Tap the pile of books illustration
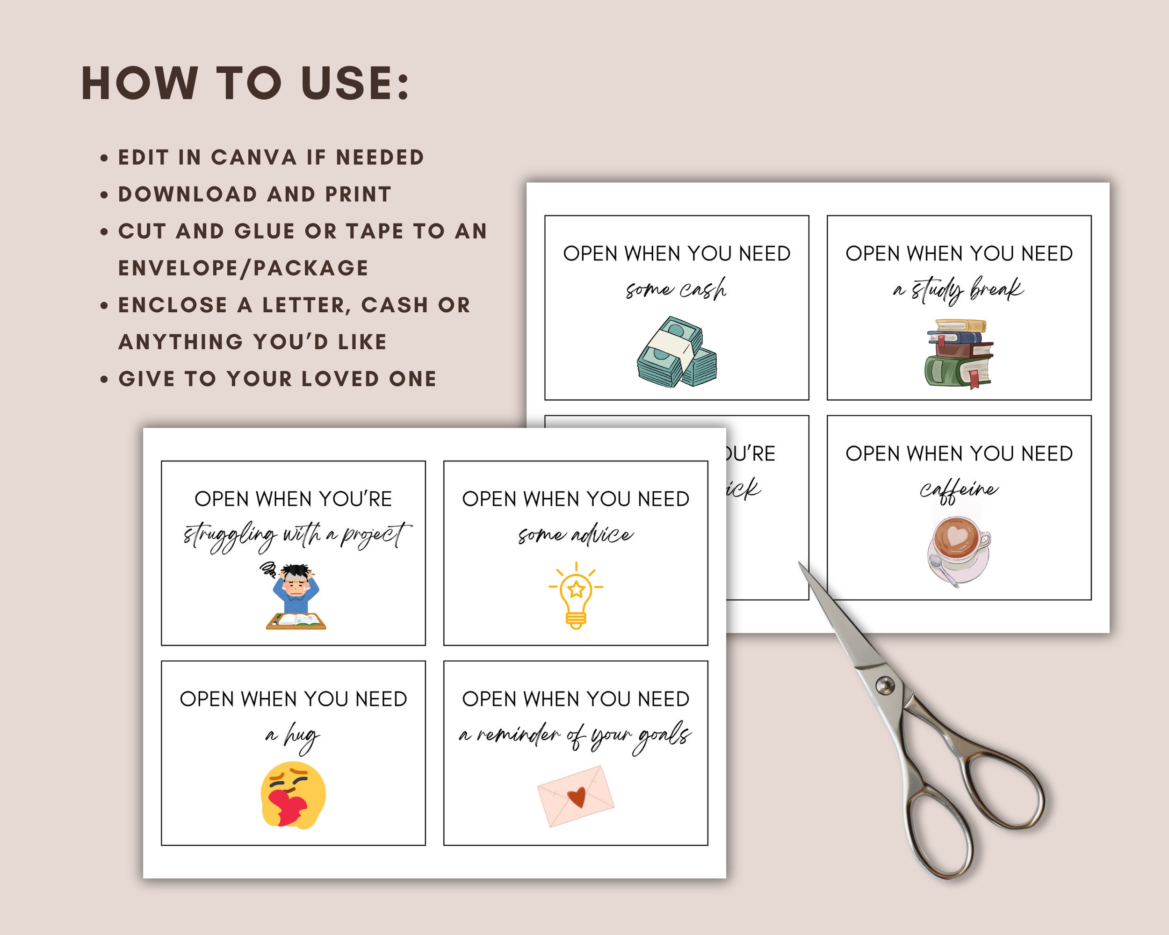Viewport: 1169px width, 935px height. [959, 353]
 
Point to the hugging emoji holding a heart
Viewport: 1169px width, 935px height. [293, 795]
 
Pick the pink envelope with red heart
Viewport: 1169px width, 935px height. [576, 796]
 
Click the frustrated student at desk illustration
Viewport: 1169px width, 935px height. [296, 596]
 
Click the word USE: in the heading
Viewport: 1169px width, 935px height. [355, 84]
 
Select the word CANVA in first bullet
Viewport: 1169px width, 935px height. [254, 158]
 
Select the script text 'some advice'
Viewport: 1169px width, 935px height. [575, 535]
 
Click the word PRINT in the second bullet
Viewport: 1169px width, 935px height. [358, 194]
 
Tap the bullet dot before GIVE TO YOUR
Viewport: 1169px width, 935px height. [105, 380]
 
